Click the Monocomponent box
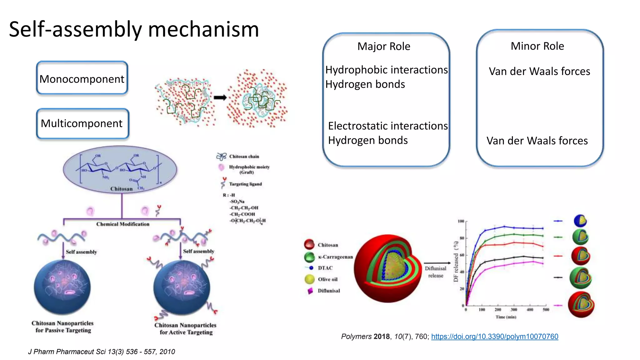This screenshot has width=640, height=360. tap(82, 78)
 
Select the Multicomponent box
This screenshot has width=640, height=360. tap(82, 123)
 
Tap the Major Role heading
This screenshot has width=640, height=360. tap(383, 46)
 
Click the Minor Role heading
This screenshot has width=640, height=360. tap(537, 46)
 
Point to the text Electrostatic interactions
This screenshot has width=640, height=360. tap(388, 126)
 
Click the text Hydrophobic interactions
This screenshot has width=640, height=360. tap(387, 70)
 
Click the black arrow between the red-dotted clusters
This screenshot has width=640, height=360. tap(220, 98)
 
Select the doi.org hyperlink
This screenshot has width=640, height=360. tap(494, 337)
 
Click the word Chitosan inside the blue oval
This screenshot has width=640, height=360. tap(121, 189)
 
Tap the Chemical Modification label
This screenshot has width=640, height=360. tap(122, 224)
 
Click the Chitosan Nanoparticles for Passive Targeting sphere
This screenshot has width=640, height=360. tap(62, 287)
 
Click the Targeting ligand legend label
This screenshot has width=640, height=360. tap(245, 184)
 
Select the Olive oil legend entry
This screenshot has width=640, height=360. tap(327, 279)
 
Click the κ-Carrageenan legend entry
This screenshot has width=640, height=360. tap(335, 257)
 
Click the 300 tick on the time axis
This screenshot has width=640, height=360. tap(514, 310)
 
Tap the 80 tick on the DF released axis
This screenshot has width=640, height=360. tap(462, 238)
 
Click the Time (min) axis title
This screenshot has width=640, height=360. tap(506, 317)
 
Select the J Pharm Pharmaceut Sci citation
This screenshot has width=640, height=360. tap(102, 352)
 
